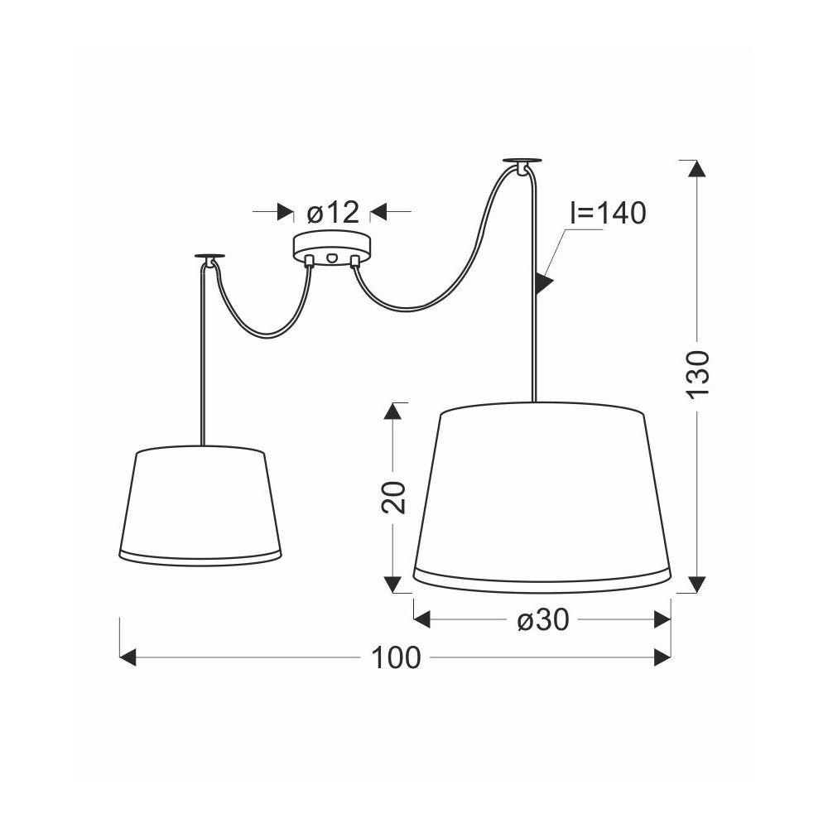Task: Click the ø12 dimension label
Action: pyautogui.click(x=333, y=212)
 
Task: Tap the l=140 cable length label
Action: pyautogui.click(x=608, y=214)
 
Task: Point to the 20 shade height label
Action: pyautogui.click(x=393, y=497)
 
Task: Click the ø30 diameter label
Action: pyautogui.click(x=543, y=619)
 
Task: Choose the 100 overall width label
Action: pyautogui.click(x=396, y=658)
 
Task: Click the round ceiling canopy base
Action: pyautogui.click(x=332, y=248)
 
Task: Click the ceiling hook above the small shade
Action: pyautogui.click(x=209, y=258)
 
